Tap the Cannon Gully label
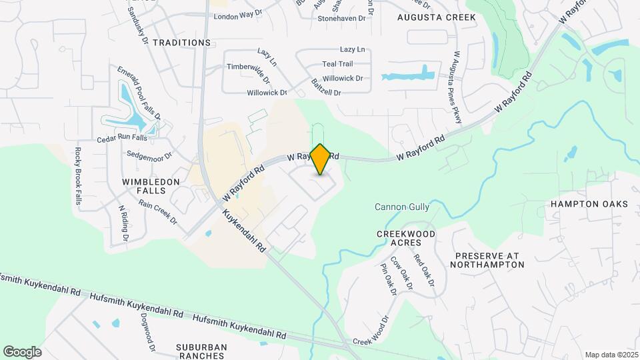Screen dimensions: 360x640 point(402,207)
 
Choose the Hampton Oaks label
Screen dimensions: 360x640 point(589,204)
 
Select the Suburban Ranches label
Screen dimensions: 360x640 point(201,351)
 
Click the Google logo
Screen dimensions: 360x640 point(22,352)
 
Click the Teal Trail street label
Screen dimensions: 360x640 point(337,64)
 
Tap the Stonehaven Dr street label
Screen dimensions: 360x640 point(342,19)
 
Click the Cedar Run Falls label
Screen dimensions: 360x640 point(122,139)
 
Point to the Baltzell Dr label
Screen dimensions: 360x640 point(326,87)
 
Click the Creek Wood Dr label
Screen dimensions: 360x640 point(371,331)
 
